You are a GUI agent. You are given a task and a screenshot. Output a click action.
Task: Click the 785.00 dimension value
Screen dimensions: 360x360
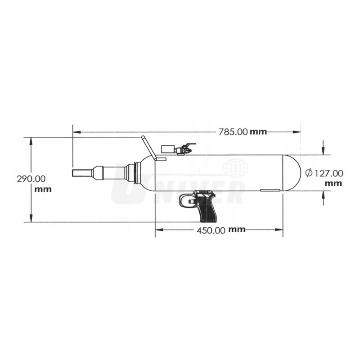click(233, 132)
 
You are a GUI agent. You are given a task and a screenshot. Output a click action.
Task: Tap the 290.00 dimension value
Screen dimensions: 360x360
click(31, 179)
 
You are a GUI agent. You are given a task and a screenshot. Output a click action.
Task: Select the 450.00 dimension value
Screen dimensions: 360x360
click(211, 230)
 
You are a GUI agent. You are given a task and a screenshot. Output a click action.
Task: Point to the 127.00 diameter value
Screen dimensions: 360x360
click(328, 173)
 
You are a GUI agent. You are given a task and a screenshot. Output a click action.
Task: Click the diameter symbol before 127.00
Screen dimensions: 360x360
click(309, 173)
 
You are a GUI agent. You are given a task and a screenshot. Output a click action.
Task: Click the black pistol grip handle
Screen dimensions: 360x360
click(208, 207)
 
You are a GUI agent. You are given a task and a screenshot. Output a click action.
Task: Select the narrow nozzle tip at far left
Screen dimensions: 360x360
click(82, 173)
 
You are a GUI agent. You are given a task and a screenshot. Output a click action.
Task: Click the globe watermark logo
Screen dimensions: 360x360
click(236, 168)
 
